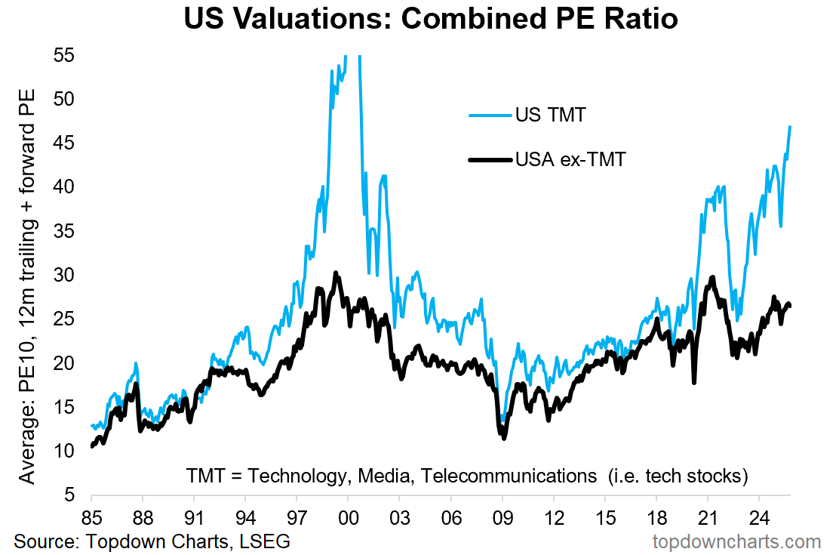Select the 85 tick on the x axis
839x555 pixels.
tap(91, 520)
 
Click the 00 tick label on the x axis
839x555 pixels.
tap(348, 520)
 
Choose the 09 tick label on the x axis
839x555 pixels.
tap(502, 520)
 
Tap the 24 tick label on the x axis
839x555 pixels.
tap(759, 520)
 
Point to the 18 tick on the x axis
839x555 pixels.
tap(656, 520)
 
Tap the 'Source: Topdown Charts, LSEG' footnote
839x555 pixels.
tap(152, 541)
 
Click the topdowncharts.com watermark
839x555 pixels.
tap(737, 541)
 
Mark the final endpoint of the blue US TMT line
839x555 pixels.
tap(790, 127)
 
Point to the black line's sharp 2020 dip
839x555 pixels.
tap(693, 383)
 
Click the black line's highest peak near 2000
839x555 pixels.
tap(336, 273)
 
